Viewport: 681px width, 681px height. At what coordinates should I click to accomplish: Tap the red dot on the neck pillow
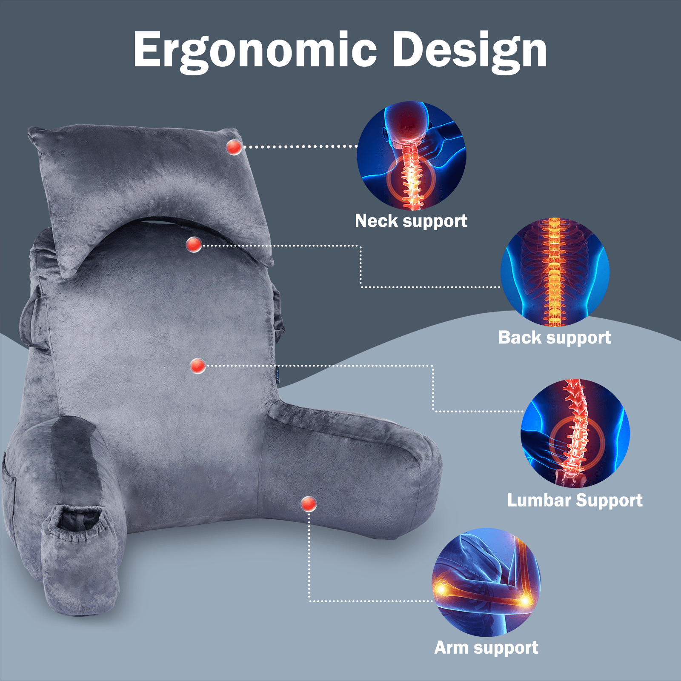[234, 147]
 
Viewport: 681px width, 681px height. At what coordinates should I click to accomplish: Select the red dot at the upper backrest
[194, 245]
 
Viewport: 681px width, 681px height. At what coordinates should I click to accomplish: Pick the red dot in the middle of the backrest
[198, 366]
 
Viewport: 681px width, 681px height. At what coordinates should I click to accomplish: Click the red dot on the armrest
[309, 504]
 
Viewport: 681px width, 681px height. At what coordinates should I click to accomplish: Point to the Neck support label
[411, 221]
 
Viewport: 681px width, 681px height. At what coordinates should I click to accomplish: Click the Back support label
[555, 338]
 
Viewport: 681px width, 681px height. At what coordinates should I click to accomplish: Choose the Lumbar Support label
[575, 501]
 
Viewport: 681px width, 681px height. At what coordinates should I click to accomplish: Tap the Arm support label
[486, 648]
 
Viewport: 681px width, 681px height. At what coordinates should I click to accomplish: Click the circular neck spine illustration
[412, 156]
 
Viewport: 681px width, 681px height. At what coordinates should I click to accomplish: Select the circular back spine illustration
[555, 272]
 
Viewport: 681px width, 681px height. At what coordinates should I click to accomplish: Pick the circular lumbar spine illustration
[575, 433]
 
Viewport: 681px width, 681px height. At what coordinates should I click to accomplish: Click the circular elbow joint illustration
[486, 582]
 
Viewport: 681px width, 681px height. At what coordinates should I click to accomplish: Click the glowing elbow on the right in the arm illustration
[525, 600]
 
